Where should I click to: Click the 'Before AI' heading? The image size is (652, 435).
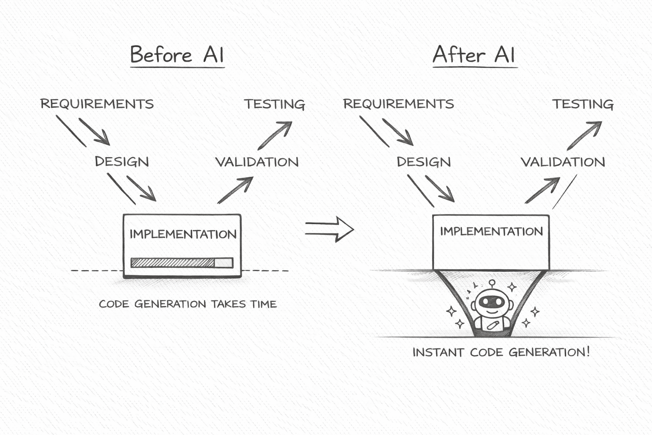coord(177,55)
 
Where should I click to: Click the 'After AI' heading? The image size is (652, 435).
coord(474,55)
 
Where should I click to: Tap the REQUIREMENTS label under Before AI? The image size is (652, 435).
coord(97,104)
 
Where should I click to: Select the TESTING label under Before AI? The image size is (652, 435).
coord(275,105)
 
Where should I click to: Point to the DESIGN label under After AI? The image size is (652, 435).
coord(424,162)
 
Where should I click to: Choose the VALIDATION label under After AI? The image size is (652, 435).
coord(563,162)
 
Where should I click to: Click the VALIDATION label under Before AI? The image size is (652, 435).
coord(257,162)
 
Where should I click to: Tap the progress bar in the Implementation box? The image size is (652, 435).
coord(182,263)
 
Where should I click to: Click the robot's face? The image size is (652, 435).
coord(492,302)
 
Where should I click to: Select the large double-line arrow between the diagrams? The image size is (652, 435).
coord(329,229)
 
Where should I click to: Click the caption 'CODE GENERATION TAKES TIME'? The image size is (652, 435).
coord(188,304)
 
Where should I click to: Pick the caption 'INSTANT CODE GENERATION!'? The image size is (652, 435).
coord(501,352)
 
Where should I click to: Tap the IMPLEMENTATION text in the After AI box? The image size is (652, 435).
coord(491,232)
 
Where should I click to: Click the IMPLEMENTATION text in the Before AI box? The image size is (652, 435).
coord(183,234)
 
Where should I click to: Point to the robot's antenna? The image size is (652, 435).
coord(492,283)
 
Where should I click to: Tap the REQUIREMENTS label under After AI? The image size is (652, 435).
coord(398,104)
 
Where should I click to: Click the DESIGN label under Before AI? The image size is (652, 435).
coord(122,162)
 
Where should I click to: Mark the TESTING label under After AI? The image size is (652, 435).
coord(583,105)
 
